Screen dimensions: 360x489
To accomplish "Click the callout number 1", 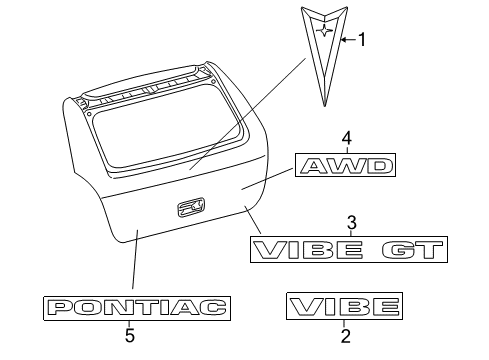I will point(362,40).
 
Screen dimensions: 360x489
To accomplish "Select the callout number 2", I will point(345,338).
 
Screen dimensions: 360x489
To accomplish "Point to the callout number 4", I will point(346,137).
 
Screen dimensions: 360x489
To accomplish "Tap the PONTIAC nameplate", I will point(135,307).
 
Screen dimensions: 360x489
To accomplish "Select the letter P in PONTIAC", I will point(62,307).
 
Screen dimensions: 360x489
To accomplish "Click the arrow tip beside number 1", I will point(341,39).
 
